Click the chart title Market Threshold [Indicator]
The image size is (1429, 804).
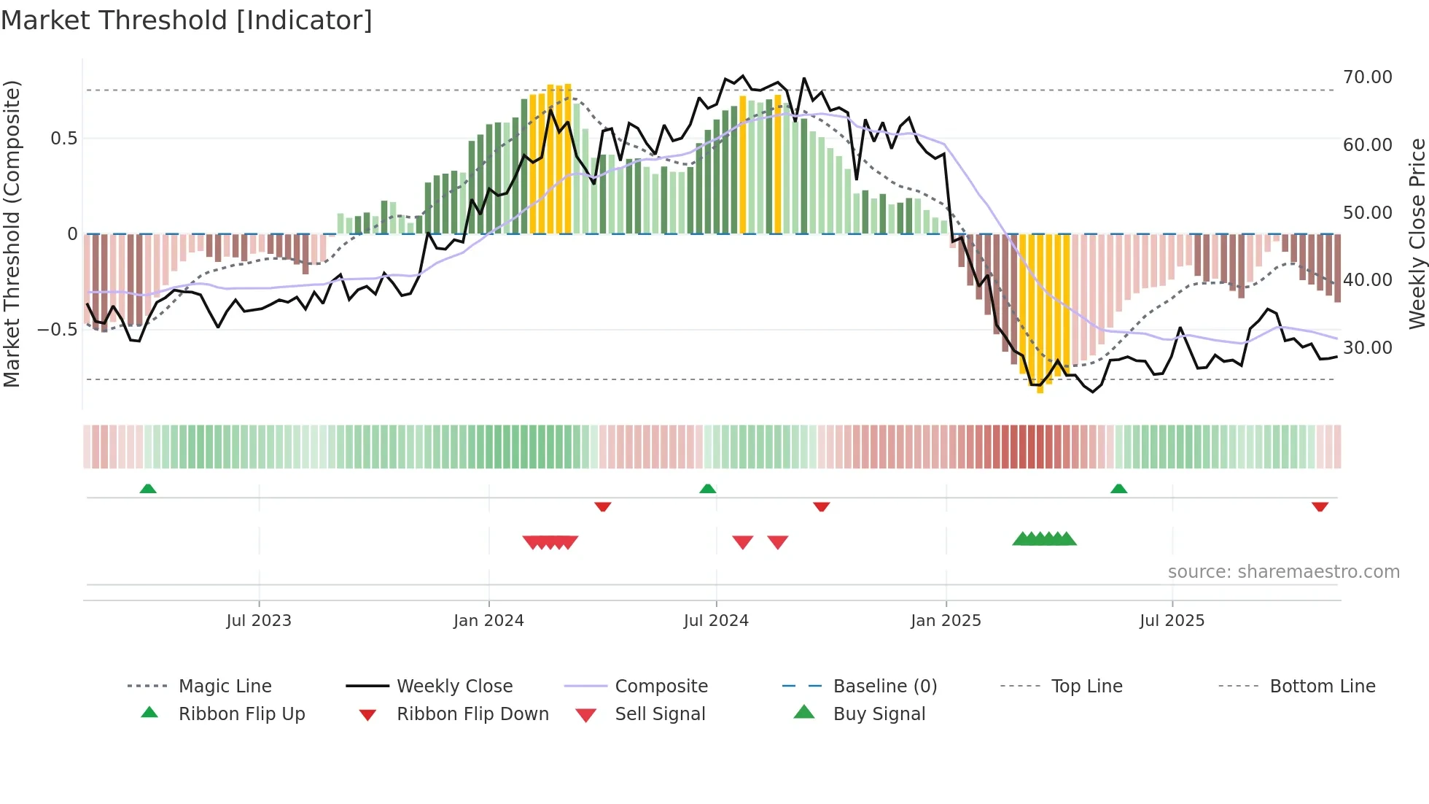[x=187, y=20]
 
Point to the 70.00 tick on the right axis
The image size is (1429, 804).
[x=1367, y=77]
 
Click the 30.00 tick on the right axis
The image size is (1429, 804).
[x=1367, y=348]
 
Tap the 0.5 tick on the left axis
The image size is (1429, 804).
[x=63, y=139]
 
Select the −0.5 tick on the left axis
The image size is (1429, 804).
[x=57, y=330]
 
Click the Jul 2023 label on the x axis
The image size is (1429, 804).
[x=258, y=621]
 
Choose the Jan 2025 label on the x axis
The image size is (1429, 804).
[x=946, y=621]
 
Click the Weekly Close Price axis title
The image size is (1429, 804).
[x=1417, y=233]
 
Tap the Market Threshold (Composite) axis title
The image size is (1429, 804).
[x=12, y=233]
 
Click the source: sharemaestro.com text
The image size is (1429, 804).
[x=1283, y=572]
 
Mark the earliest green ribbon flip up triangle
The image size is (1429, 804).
[x=148, y=489]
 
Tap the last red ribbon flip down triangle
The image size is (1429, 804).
[x=1320, y=506]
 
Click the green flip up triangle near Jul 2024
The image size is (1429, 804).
[x=707, y=489]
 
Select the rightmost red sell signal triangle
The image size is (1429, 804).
[x=778, y=542]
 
